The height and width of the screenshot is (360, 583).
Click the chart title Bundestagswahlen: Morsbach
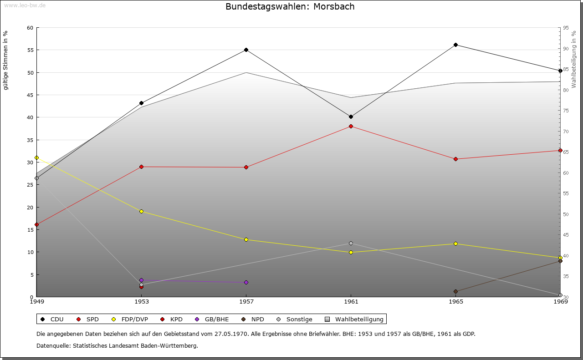[290, 7]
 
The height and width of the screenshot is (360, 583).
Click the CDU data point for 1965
[455, 45]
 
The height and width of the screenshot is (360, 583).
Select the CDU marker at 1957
[246, 50]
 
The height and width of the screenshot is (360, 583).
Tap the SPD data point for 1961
[351, 126]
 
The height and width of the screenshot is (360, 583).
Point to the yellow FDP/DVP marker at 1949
[36, 157]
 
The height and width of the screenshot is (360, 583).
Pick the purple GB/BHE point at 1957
[246, 282]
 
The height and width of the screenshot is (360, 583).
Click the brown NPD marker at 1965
[455, 291]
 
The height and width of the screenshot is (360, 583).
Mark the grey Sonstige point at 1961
[351, 243]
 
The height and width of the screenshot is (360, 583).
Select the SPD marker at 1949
[36, 224]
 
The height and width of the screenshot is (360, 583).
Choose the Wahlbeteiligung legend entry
[355, 319]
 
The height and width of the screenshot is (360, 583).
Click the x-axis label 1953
[141, 301]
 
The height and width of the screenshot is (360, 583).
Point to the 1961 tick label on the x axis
[351, 301]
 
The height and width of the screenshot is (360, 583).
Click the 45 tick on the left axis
[30, 95]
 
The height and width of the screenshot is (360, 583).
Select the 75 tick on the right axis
[565, 111]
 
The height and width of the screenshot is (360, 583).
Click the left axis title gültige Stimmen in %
[6, 60]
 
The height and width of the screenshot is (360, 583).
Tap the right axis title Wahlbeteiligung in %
[574, 60]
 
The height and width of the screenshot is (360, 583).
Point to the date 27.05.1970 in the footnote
[230, 334]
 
